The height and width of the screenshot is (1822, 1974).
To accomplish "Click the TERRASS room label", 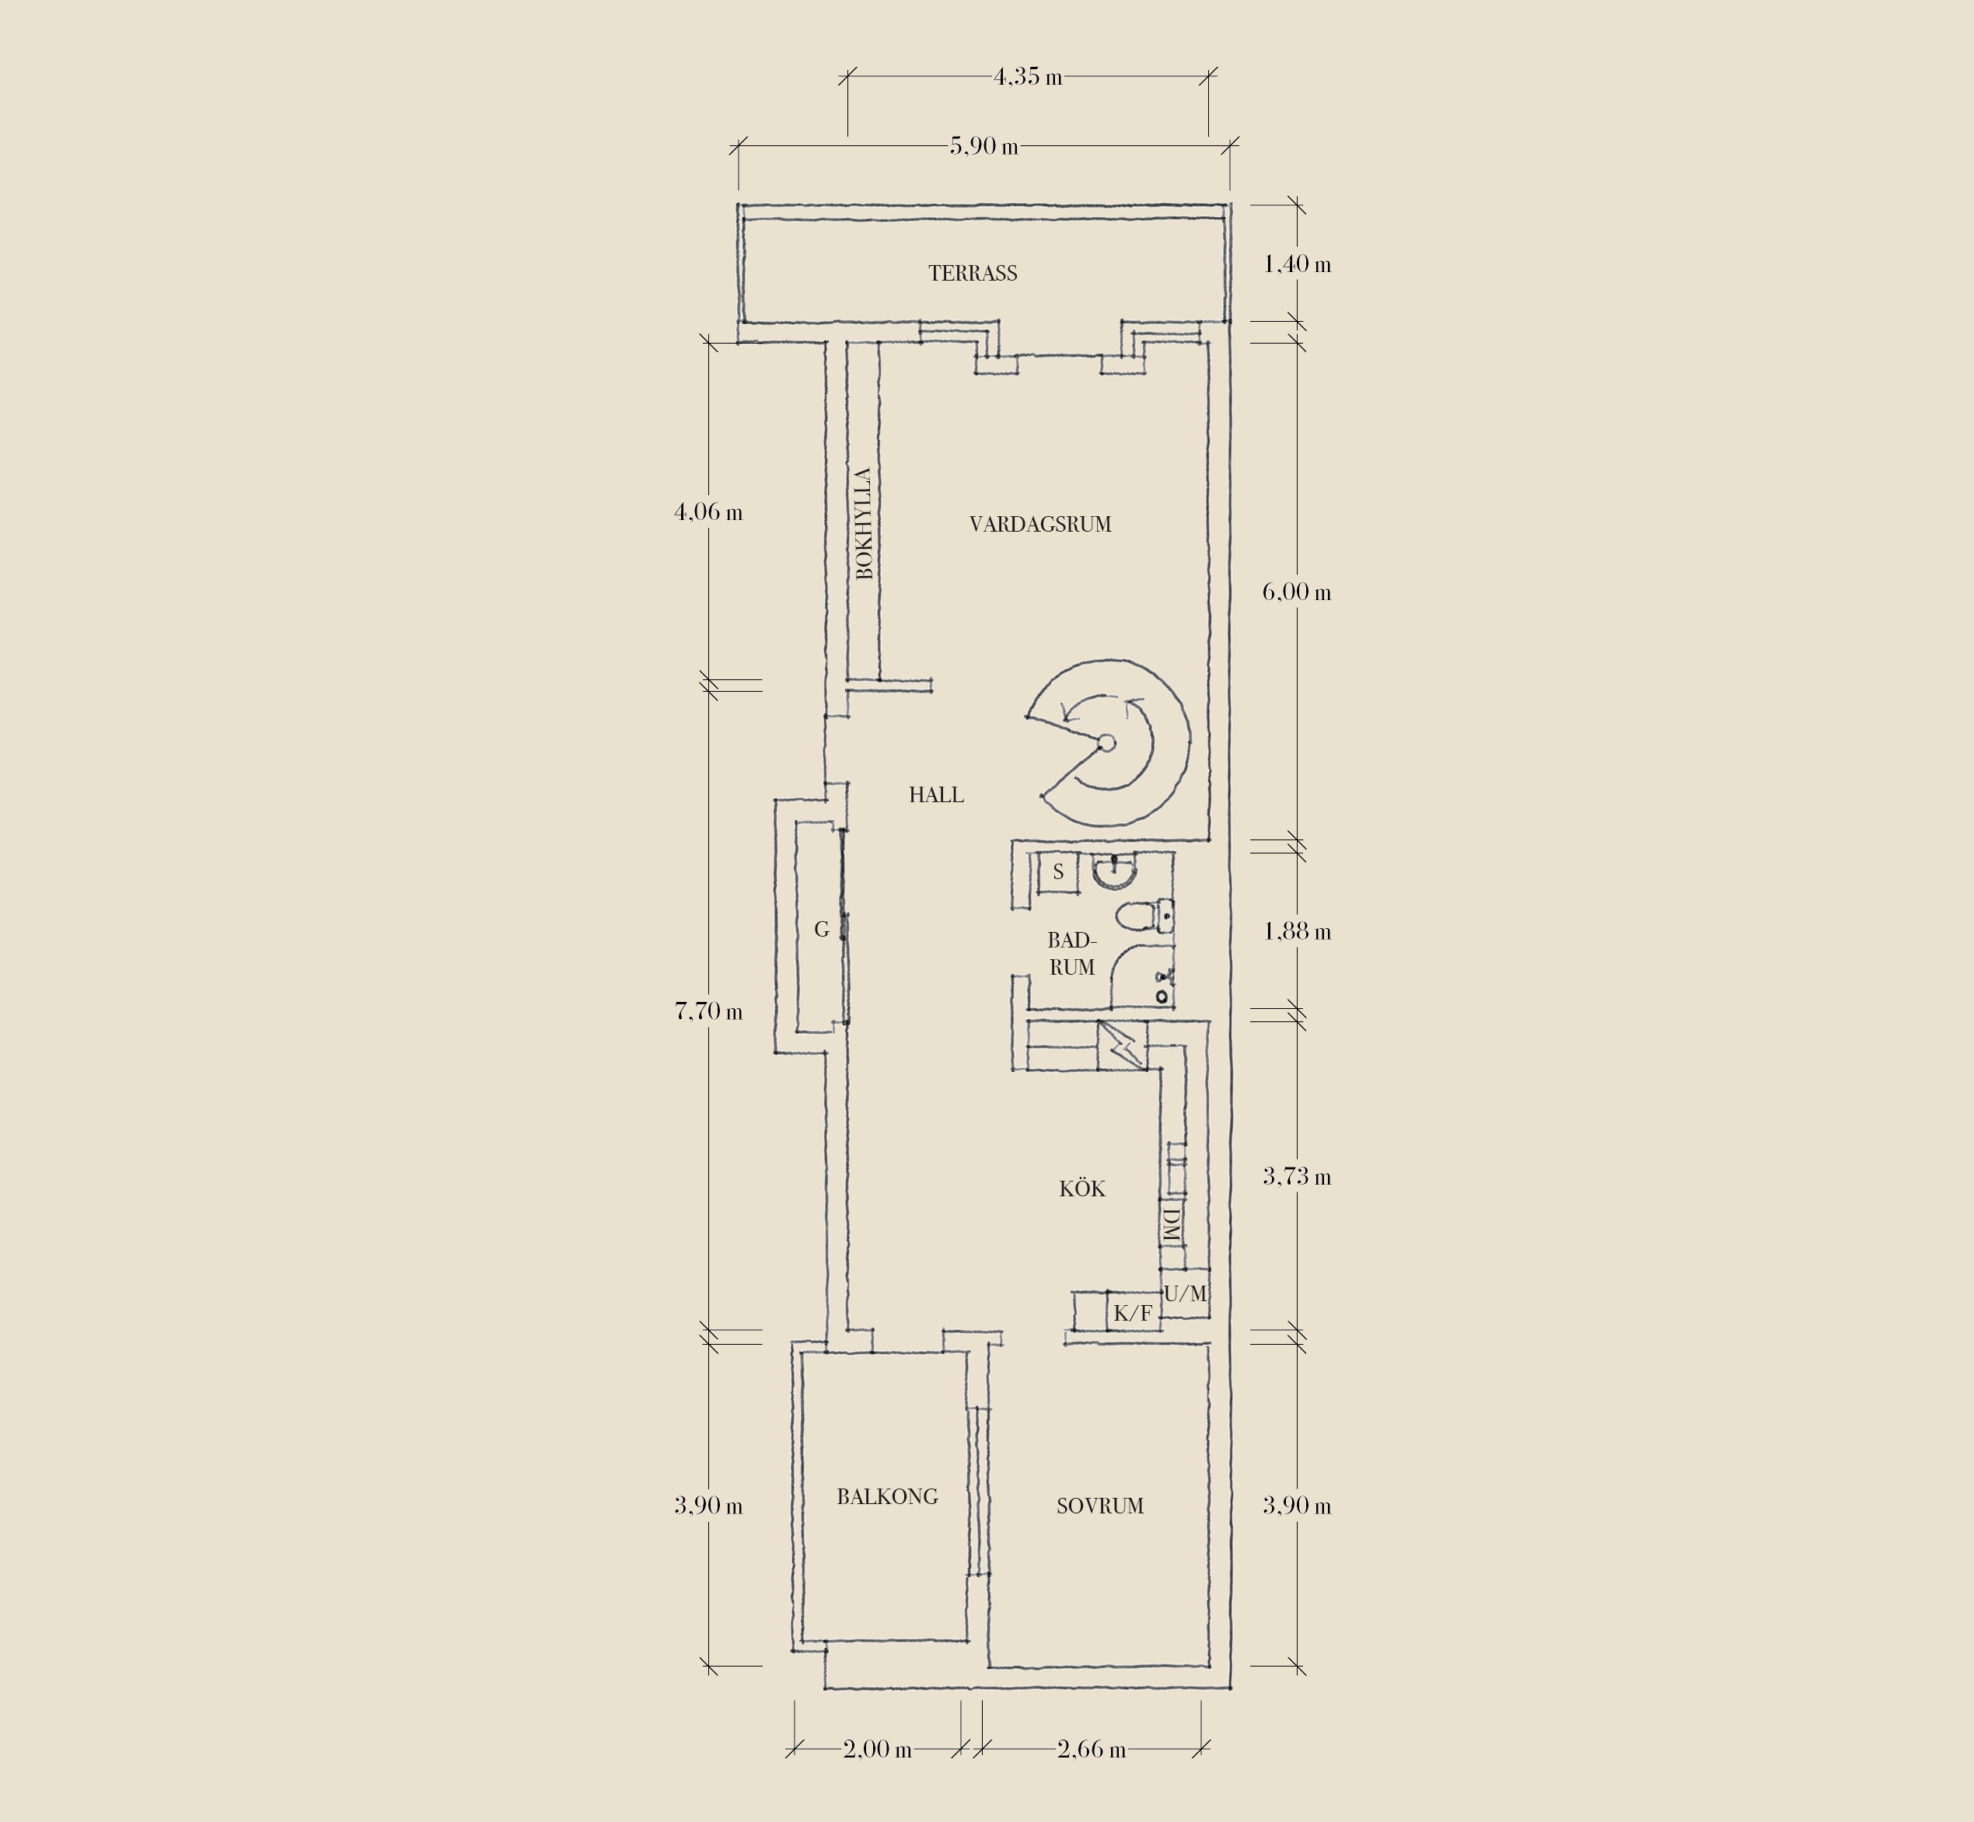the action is point(972,273).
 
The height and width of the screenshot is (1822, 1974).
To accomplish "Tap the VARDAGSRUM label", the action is point(1040,525).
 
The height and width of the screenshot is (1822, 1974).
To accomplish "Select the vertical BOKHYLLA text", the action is point(864,524).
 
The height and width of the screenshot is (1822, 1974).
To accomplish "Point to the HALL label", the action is point(936,794).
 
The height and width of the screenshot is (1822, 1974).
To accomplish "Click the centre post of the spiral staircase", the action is point(1106,743).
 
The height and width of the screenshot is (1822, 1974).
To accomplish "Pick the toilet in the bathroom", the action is point(1144,916).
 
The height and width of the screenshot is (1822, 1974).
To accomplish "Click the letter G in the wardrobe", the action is point(821,929).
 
